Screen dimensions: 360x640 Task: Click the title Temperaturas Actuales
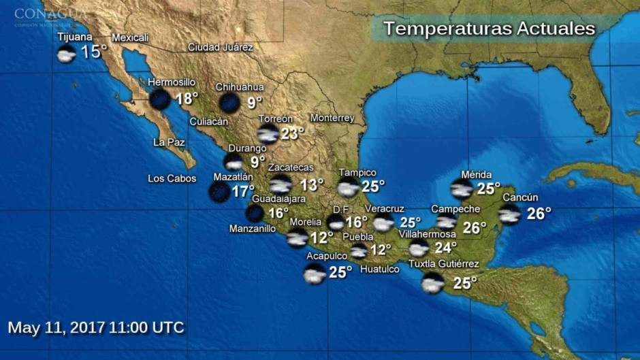(489, 29)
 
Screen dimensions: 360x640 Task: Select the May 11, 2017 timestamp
(96, 327)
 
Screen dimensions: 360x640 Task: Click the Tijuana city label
(75, 37)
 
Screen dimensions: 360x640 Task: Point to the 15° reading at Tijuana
(94, 52)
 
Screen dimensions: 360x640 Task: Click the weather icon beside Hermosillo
(160, 99)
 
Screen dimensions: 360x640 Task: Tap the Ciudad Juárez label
(220, 48)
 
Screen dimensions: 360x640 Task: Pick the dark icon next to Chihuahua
(229, 103)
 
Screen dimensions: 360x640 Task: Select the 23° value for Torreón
(292, 133)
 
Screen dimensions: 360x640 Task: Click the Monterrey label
(332, 118)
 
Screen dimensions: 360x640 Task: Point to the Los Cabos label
(172, 179)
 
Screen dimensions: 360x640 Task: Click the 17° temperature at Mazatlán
(242, 192)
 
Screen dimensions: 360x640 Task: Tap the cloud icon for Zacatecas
(280, 184)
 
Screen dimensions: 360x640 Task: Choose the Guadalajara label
(278, 199)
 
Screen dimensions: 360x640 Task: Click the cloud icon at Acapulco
(315, 274)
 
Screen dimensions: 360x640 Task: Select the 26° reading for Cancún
(539, 214)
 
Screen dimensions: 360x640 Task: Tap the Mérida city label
(476, 175)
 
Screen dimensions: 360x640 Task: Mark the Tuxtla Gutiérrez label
(443, 264)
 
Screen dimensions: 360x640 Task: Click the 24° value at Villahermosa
(445, 248)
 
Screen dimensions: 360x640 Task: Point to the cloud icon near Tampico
(348, 188)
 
